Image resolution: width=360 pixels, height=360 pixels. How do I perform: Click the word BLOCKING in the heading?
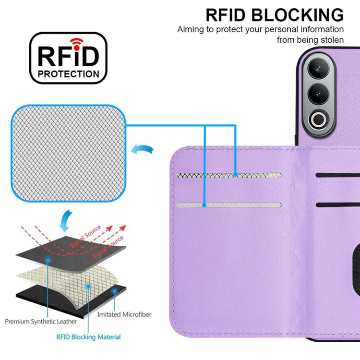(297, 15)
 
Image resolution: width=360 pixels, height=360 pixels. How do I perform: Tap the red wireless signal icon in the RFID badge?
(76, 44)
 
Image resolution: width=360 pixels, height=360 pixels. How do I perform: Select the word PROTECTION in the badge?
(69, 74)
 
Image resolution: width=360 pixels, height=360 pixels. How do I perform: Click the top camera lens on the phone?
(318, 68)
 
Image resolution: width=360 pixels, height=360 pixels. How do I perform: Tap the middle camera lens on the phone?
(318, 94)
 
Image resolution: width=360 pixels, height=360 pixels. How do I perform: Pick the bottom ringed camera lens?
(318, 120)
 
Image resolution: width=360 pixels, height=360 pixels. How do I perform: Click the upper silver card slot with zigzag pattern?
(229, 175)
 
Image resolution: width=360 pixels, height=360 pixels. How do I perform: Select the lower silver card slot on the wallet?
(229, 205)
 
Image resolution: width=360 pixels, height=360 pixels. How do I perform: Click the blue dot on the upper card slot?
(235, 175)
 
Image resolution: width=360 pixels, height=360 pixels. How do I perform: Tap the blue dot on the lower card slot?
(204, 205)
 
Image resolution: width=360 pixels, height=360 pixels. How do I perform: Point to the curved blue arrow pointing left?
(142, 149)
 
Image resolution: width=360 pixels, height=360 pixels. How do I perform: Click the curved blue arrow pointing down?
(65, 221)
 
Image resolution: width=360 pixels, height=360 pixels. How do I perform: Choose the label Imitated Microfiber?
(124, 314)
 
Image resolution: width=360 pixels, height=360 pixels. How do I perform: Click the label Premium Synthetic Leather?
(41, 322)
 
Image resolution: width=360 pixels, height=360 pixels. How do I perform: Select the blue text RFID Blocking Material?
(88, 337)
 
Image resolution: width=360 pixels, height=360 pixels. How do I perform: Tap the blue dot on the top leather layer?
(48, 260)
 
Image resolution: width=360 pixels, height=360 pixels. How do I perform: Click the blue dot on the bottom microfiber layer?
(114, 291)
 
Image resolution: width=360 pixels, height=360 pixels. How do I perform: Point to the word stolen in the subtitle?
(332, 40)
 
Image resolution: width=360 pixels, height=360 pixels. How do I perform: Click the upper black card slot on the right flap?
(338, 175)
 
